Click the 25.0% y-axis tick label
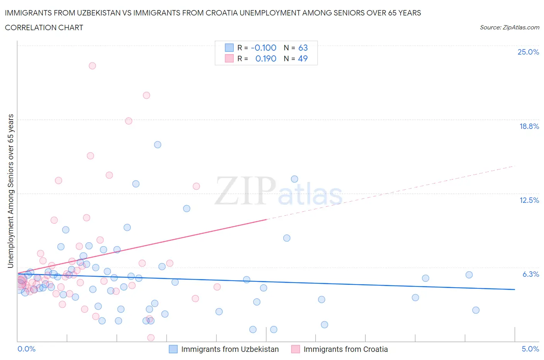(528, 52)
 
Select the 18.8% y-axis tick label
(529, 126)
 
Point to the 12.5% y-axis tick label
(529, 200)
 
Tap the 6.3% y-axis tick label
(530, 274)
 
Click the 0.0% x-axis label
(26, 349)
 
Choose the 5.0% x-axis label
(530, 349)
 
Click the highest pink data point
(92, 66)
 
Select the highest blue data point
(157, 145)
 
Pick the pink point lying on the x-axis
(151, 338)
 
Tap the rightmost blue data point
(476, 310)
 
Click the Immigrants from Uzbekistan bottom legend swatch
(173, 349)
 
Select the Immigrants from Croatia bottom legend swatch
(296, 349)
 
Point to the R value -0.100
(263, 48)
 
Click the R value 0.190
(266, 58)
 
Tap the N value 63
(303, 48)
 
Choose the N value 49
(303, 58)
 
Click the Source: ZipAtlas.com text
(509, 27)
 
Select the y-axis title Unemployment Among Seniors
(11, 191)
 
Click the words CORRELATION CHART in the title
(44, 27)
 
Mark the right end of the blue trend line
(515, 290)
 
